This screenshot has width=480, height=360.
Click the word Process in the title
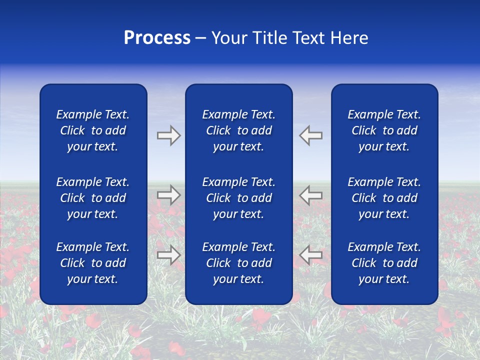pos(157,38)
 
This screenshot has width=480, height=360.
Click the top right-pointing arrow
pos(168,135)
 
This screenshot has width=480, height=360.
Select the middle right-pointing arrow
pos(168,195)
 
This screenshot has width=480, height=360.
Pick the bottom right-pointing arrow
pos(168,254)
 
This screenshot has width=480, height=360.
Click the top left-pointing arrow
pos(311,135)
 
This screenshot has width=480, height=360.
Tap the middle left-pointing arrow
pos(311,195)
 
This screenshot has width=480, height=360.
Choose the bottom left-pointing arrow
pos(311,254)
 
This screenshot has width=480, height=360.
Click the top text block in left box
pos(93,130)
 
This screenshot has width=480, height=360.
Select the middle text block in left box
pos(93,198)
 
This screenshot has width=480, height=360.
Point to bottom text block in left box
pos(93,263)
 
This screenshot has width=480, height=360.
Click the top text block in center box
pos(238,130)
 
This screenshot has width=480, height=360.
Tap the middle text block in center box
pos(238,198)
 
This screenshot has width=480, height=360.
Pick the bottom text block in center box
pos(238,263)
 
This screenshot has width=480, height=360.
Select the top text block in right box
pos(384,130)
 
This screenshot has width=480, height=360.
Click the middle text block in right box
pos(384,198)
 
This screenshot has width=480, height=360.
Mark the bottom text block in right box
pos(384,263)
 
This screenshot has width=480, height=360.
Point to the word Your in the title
pos(229,38)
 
